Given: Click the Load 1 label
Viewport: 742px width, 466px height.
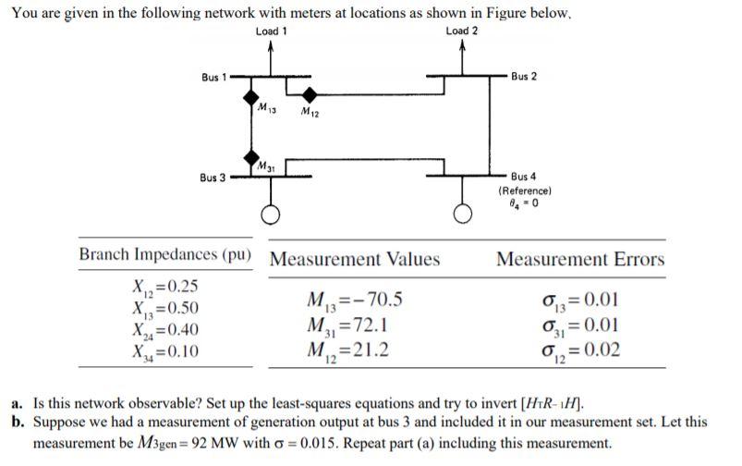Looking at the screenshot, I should coord(271,31).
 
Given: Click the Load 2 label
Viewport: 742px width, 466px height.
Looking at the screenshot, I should coord(462,31).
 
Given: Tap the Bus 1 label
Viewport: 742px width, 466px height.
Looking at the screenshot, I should coord(213,76).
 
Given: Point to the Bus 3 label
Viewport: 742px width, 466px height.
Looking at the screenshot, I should coord(213,176).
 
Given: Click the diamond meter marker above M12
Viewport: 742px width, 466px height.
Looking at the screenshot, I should coord(310,93).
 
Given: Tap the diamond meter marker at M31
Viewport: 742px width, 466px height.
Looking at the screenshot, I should coord(250,155).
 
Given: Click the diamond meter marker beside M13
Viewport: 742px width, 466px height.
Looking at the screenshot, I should coord(250,96).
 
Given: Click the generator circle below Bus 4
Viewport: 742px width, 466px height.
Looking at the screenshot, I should coord(461,215).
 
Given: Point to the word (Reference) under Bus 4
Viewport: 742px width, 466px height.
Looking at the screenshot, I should coord(524,189).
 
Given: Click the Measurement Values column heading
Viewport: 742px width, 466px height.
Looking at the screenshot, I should coord(354,259).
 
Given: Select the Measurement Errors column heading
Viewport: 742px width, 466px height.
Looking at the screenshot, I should coord(579,259).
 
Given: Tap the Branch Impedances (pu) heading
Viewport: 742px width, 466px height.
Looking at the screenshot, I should coord(165,255).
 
